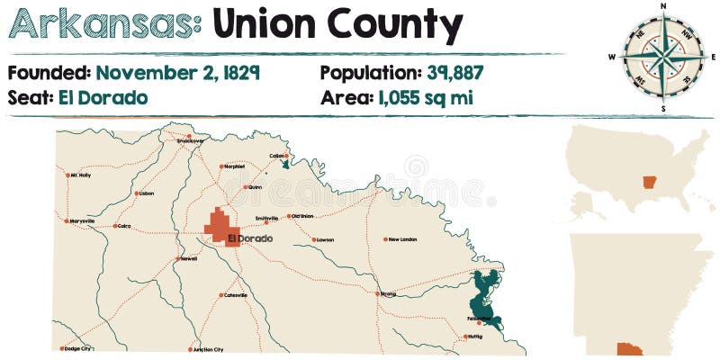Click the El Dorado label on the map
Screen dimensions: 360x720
249,238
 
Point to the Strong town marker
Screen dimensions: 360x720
378,293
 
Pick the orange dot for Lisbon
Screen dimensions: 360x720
136,193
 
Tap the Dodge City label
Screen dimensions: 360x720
78,348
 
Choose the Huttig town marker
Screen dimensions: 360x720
465,337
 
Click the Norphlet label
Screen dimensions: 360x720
235,166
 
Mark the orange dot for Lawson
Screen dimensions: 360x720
313,239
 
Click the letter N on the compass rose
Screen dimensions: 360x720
664,6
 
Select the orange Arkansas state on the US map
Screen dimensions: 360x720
650,183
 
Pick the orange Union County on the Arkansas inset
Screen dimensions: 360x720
629,348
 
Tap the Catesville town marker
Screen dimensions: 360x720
221,294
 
